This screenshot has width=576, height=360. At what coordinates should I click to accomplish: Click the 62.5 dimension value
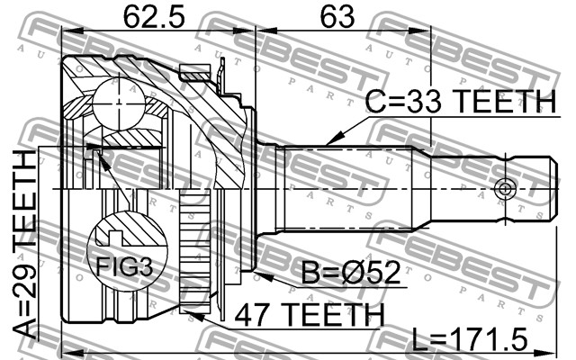pyautogui.click(x=154, y=17)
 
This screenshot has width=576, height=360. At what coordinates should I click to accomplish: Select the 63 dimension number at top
pyautogui.click(x=337, y=17)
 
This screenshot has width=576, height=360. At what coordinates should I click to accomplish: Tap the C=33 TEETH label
pyautogui.click(x=461, y=101)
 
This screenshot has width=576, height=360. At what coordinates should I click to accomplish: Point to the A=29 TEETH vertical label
pyautogui.click(x=25, y=245)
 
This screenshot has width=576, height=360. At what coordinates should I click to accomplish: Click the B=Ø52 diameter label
pyautogui.click(x=350, y=273)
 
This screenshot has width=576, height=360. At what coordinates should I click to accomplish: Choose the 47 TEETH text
pyautogui.click(x=310, y=315)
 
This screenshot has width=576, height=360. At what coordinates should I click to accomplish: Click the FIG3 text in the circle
pyautogui.click(x=124, y=266)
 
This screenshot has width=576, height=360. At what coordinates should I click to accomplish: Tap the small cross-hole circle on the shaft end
pyautogui.click(x=505, y=189)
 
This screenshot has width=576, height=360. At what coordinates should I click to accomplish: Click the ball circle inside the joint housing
pyautogui.click(x=119, y=103)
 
